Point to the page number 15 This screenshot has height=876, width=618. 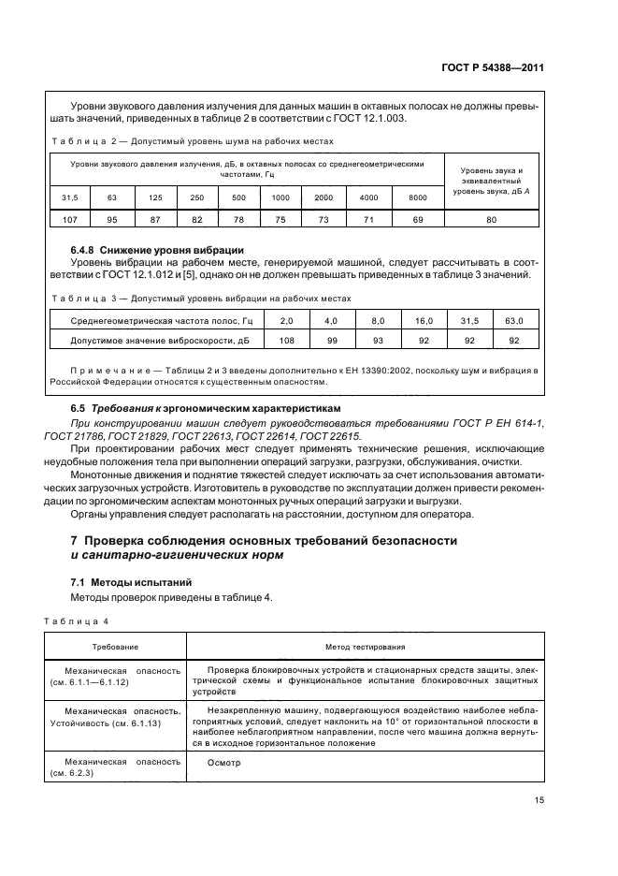click(x=539, y=799)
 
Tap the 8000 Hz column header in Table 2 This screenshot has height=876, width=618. click(x=417, y=197)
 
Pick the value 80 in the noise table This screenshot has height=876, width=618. click(x=491, y=219)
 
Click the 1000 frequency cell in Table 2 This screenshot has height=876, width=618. click(x=280, y=197)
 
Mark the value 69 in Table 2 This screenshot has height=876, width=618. click(x=417, y=219)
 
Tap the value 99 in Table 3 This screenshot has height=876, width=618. click(x=332, y=341)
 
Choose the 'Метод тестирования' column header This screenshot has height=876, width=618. click(x=365, y=647)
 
